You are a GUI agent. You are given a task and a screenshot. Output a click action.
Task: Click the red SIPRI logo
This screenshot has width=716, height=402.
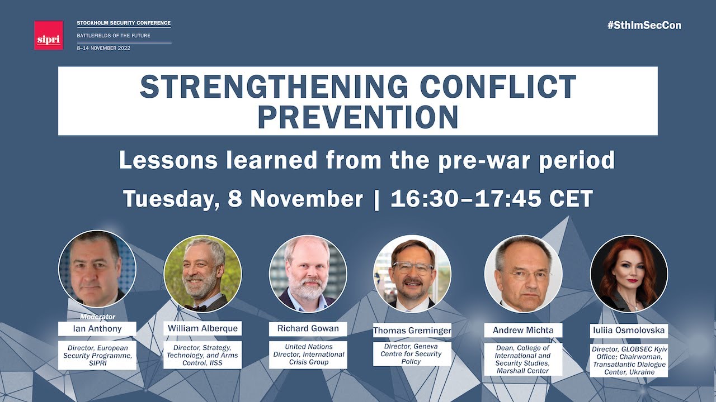pos(48,35)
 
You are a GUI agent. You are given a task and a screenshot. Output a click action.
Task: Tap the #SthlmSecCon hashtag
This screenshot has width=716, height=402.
pos(644,25)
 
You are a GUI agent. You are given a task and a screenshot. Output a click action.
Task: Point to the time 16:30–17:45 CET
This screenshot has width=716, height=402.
pos(491,199)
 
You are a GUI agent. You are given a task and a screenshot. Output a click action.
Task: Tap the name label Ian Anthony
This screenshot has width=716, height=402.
pos(97,328)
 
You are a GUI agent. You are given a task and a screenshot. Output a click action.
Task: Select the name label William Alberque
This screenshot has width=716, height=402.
pos(202,328)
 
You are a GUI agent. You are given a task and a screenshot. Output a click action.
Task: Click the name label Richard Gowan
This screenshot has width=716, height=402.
pos(308,328)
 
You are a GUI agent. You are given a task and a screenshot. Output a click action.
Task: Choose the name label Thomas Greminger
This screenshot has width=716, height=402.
pos(412,331)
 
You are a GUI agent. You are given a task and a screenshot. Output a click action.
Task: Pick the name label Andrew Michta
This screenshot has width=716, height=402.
pos(523,330)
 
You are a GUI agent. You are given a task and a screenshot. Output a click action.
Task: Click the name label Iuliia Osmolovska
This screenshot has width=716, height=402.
pos(629,330)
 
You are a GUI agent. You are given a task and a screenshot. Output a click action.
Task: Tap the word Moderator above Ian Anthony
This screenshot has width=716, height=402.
pos(97,317)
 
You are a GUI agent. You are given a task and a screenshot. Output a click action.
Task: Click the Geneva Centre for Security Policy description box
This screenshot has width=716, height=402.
pos(412,353)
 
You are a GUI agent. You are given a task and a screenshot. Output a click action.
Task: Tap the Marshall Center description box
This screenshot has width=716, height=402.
pos(523,359)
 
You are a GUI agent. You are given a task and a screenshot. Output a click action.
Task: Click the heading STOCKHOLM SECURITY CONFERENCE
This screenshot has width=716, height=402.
pos(124,23)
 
